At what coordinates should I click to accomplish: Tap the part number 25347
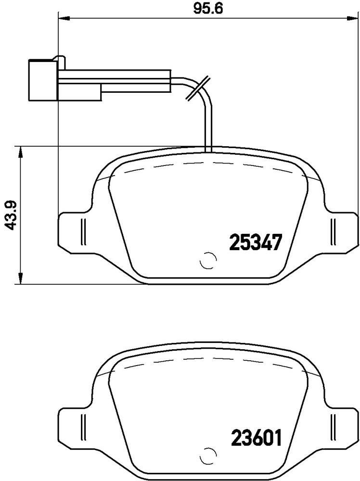(x=256, y=242)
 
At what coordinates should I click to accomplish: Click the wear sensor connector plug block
(x=43, y=80)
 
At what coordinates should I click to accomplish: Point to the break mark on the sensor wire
(x=198, y=88)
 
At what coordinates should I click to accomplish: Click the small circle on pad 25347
(x=207, y=261)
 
